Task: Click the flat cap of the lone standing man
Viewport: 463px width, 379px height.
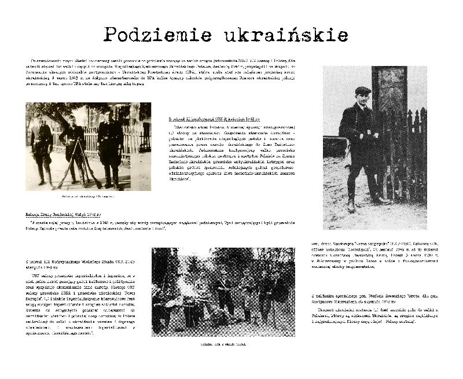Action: [x=363, y=91]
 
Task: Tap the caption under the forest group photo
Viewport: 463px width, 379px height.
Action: [x=223, y=344]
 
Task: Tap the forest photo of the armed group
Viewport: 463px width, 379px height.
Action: [x=223, y=292]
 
